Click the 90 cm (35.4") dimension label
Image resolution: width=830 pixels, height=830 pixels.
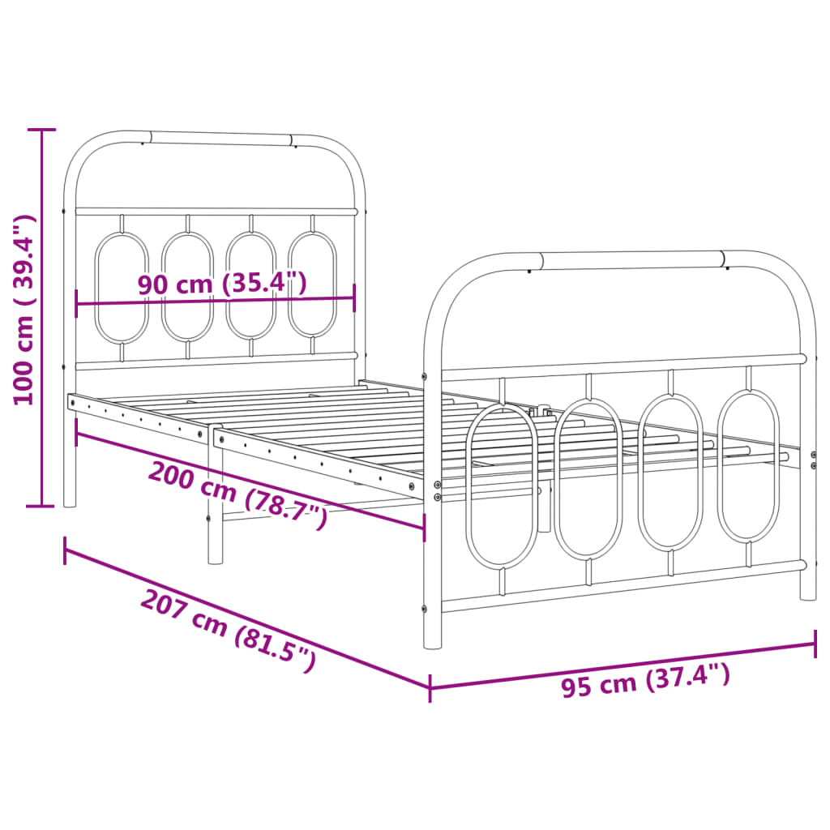coord(221,285)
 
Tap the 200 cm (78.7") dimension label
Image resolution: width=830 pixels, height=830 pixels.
coord(237,494)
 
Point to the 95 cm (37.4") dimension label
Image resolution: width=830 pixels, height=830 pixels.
coord(645,679)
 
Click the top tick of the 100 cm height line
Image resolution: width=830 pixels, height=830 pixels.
coord(41,129)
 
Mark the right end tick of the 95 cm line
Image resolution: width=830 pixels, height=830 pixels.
coord(815,644)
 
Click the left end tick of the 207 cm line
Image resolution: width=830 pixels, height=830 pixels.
coord(65,550)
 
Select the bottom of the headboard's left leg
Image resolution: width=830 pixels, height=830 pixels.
coord(70,503)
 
